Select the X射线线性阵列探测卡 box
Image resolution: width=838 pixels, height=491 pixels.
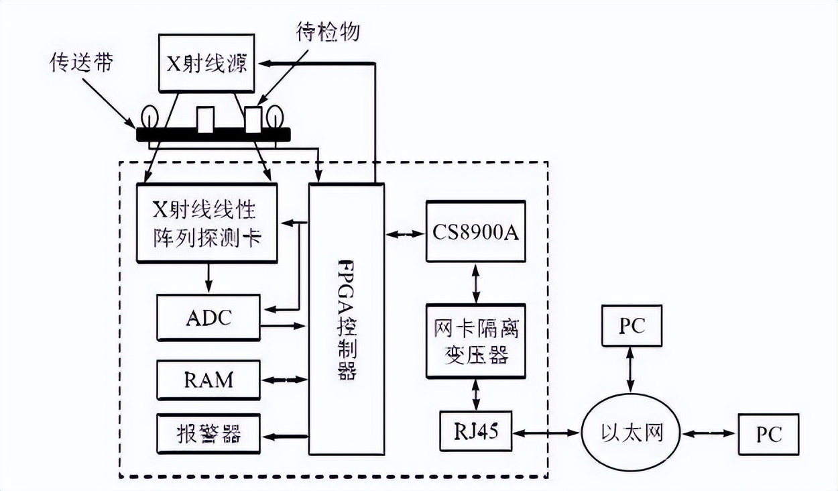[x=206, y=223]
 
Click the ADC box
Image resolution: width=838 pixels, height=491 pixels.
[x=208, y=317]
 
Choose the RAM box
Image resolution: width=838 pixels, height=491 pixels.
[x=208, y=379]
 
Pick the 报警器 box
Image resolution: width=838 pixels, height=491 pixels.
[x=208, y=436]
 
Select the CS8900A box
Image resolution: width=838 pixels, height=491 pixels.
[x=475, y=231]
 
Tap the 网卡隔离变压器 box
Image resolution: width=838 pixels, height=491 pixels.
[x=475, y=340]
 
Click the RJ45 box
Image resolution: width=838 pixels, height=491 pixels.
[x=475, y=431]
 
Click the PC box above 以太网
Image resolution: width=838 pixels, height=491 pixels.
[x=632, y=326]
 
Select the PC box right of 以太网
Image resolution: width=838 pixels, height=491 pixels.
[x=768, y=435]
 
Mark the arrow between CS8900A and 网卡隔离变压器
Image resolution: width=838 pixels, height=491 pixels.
[x=475, y=282]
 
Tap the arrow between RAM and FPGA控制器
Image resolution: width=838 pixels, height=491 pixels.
[x=284, y=380]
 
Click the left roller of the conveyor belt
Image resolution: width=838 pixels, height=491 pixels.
[x=147, y=117]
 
